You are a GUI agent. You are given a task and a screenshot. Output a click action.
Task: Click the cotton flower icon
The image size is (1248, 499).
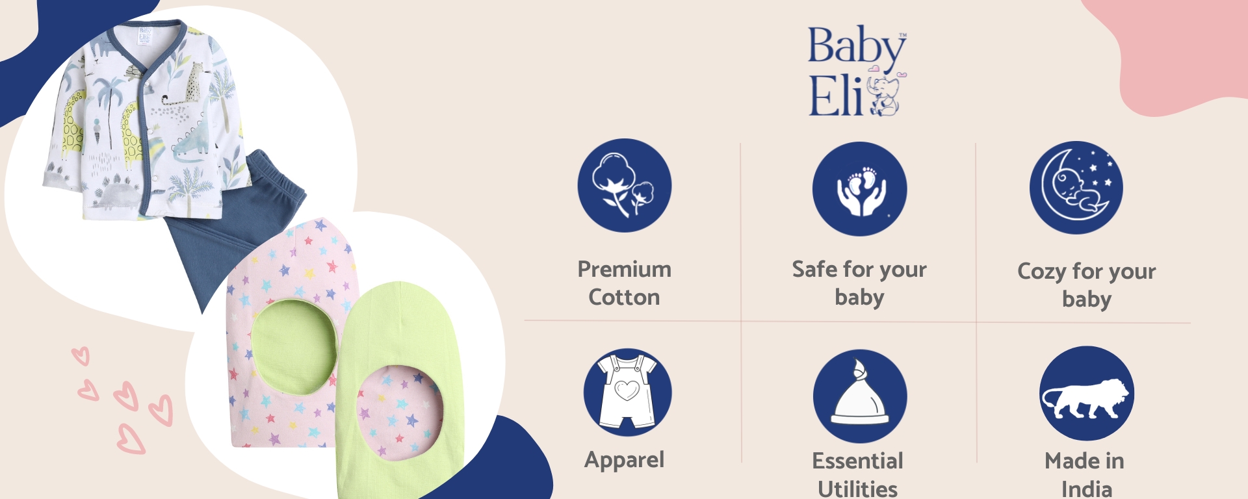point(625,186)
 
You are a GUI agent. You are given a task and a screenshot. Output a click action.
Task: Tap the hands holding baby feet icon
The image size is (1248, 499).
point(859,189)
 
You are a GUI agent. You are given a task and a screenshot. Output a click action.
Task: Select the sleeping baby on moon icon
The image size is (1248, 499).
point(1076,188)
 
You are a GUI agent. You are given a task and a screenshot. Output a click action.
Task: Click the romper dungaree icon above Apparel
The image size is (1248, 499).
point(627,392)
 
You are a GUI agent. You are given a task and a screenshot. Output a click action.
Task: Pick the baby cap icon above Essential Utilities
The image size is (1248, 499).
point(859,396)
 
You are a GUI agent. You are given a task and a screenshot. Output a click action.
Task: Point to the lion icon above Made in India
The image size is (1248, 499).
point(1086,394)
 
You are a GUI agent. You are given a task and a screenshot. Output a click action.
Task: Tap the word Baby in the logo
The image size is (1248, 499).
point(856,47)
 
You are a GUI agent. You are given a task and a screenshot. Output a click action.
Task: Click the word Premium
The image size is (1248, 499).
point(624,269)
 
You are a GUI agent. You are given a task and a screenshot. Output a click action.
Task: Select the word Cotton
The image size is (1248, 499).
point(624,298)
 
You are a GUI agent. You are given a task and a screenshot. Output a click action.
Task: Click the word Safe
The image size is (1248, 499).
point(814,269)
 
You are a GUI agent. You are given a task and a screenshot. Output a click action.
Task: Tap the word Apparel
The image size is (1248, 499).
point(624,460)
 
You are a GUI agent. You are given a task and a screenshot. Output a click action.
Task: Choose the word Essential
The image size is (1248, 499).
point(857,461)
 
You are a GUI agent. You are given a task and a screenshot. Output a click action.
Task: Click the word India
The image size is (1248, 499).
point(1086,489)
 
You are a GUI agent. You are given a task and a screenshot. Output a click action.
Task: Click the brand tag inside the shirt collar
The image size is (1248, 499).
point(144,36)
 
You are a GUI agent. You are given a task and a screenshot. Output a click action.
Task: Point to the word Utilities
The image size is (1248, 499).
point(857,489)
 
